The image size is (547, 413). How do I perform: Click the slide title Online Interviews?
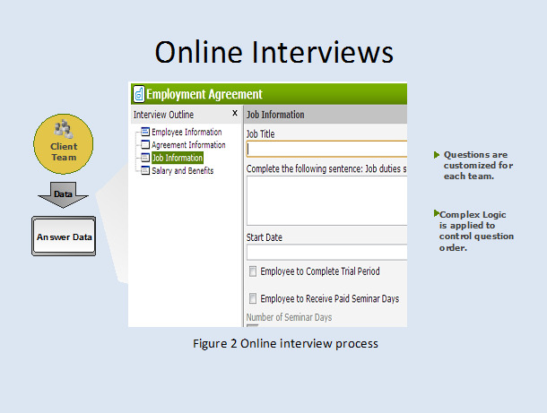click(x=273, y=52)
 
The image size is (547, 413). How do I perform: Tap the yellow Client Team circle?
click(x=63, y=143)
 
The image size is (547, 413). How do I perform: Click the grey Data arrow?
click(x=63, y=194)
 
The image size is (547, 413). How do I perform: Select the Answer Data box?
click(x=64, y=237)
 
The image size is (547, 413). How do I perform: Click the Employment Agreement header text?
click(x=204, y=94)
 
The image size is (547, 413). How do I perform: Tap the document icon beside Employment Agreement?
click(x=139, y=94)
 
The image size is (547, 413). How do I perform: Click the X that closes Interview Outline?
click(x=235, y=113)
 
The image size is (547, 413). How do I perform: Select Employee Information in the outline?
click(x=187, y=132)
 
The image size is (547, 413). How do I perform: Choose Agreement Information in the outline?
click(x=188, y=145)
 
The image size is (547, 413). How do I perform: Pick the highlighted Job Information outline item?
click(x=178, y=158)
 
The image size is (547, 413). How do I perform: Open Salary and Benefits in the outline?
click(x=182, y=171)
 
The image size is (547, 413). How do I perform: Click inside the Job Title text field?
click(x=327, y=150)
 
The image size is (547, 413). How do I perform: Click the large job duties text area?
click(x=327, y=201)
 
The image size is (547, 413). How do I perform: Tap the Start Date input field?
click(x=327, y=252)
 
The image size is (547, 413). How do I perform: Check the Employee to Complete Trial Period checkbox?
click(x=253, y=271)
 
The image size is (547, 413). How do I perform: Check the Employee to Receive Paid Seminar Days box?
click(x=253, y=298)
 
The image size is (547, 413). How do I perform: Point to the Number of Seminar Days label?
click(x=289, y=317)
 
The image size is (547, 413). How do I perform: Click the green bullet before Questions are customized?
click(x=437, y=155)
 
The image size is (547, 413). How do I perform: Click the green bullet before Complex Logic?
click(x=437, y=213)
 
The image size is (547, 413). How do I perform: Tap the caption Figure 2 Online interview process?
click(x=285, y=344)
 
